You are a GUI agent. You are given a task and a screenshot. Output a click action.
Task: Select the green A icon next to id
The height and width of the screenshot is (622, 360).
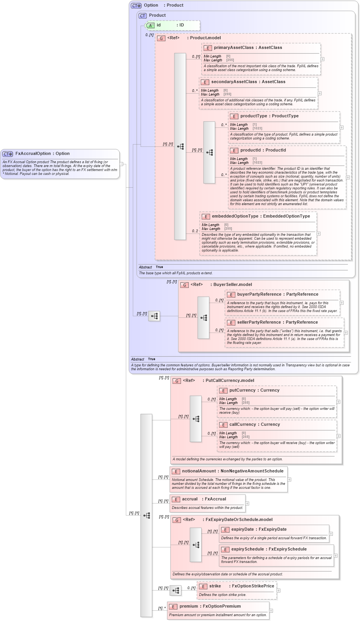150,25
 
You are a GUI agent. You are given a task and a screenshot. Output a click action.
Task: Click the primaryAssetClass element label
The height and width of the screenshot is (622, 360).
233,47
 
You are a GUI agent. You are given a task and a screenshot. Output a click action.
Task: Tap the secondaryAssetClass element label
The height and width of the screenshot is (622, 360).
234,82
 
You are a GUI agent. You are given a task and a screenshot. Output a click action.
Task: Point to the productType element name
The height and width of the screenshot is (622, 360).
254,116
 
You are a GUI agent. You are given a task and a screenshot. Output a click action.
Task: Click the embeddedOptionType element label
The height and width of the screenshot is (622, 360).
235,216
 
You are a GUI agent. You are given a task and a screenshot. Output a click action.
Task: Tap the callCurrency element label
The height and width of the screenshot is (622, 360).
243,424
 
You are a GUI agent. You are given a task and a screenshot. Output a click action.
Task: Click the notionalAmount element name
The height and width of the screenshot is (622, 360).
199,471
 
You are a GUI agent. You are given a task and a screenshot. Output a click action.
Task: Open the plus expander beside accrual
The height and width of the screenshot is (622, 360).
247,504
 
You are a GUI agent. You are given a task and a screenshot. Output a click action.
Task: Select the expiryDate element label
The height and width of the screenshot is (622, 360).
242,529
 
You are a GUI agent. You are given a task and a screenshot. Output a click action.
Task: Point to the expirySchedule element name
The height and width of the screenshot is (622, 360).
247,549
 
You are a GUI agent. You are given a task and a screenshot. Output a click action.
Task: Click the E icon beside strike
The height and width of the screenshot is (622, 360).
203,586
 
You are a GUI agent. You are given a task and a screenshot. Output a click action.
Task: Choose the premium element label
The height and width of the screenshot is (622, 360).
189,606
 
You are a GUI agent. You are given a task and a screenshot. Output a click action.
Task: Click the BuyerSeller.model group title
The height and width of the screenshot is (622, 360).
233,284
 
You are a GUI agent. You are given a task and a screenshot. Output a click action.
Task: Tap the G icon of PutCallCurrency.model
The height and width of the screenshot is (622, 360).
177,381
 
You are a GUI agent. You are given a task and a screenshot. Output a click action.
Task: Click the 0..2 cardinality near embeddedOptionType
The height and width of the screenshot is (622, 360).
195,231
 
